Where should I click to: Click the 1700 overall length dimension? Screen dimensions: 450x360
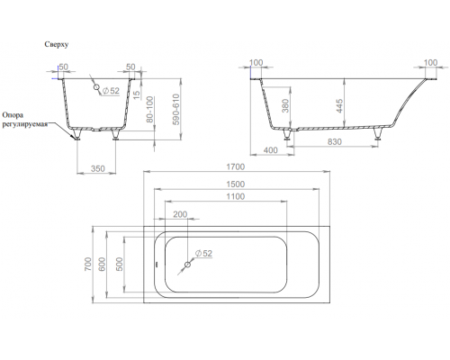[236, 166]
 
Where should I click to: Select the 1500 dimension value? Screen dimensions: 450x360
[236, 184]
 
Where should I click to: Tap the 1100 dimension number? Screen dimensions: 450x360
[236, 197]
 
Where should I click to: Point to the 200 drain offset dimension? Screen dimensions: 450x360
[180, 214]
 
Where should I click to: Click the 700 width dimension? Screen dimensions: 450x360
[87, 265]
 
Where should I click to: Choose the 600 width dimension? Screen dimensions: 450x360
[103, 265]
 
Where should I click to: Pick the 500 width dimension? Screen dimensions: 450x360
[120, 265]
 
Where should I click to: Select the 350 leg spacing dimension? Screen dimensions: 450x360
[98, 168]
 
